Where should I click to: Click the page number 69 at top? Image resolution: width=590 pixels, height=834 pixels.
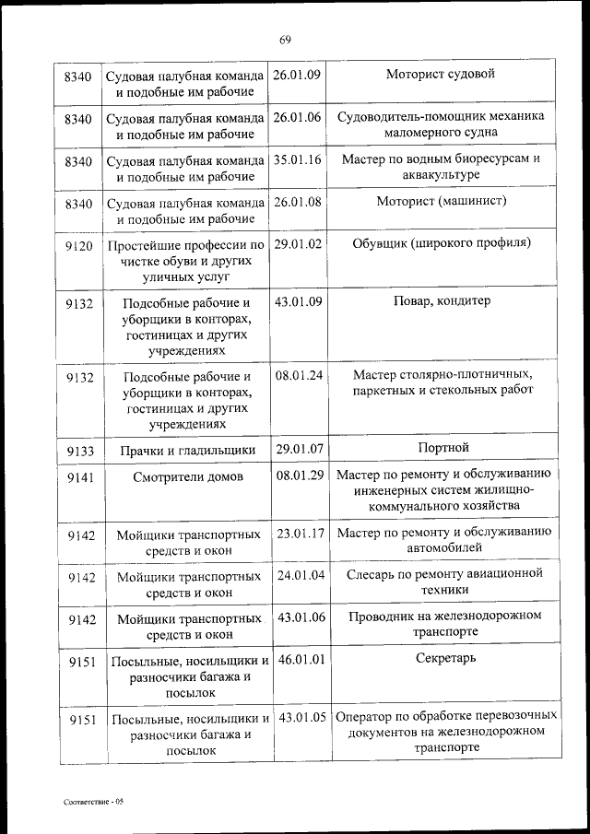pyautogui.click(x=285, y=39)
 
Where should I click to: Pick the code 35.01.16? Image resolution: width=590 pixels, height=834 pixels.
pyautogui.click(x=297, y=159)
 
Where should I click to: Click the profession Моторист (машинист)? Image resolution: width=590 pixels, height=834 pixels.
pyautogui.click(x=442, y=201)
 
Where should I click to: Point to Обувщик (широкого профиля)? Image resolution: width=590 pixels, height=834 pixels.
pyautogui.click(x=442, y=244)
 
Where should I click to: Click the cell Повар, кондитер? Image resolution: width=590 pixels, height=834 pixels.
pyautogui.click(x=442, y=301)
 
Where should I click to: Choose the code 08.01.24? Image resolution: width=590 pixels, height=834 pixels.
pyautogui.click(x=297, y=375)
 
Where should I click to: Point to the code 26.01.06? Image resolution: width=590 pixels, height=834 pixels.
pyautogui.click(x=297, y=117)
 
